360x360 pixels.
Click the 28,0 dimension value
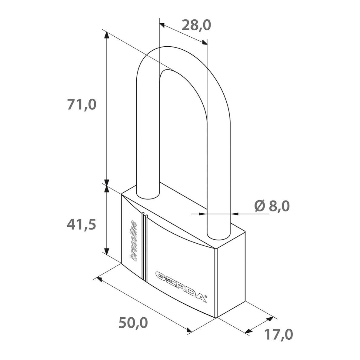pyautogui.click(x=196, y=25)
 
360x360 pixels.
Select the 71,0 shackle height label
pyautogui.click(x=82, y=105)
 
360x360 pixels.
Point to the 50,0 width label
pyautogui.click(x=133, y=323)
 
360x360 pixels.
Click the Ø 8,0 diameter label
pyautogui.click(x=272, y=206)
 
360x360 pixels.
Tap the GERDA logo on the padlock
pyautogui.click(x=180, y=286)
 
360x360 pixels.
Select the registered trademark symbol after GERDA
pyautogui.click(x=206, y=297)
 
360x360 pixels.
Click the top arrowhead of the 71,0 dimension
pyautogui.click(x=106, y=35)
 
